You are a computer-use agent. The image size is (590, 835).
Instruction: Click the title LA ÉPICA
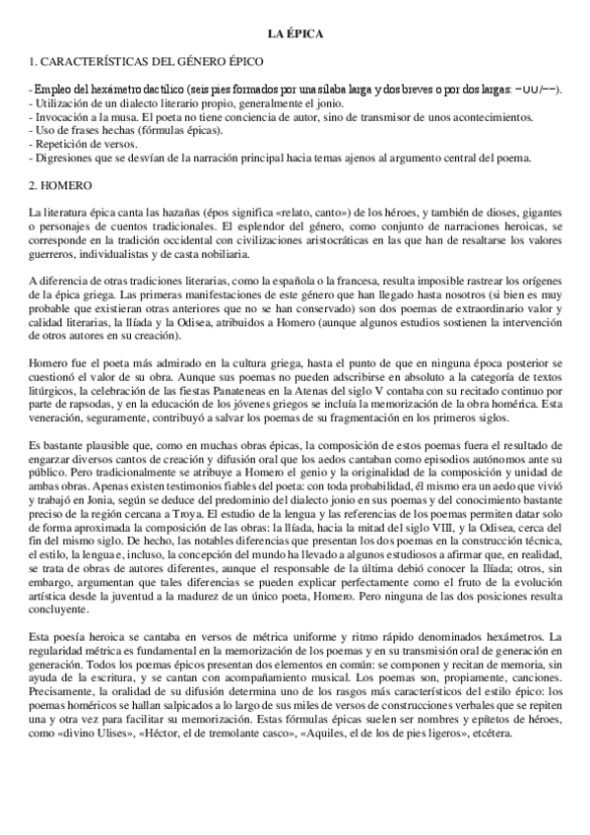(296, 34)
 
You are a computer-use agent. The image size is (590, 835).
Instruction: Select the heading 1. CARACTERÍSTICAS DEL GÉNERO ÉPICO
(147, 62)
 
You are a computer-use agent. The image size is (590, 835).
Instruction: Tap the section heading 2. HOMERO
(61, 184)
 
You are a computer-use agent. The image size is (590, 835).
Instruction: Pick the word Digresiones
(65, 158)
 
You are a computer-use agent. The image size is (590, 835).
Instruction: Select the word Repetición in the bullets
(61, 144)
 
